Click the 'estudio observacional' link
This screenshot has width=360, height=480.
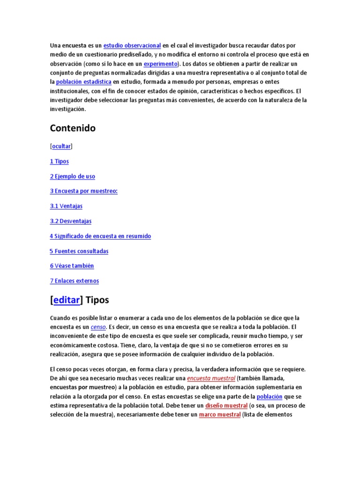click(x=132, y=45)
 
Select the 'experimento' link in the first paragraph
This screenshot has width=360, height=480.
click(x=160, y=64)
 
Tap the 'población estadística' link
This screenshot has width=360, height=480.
click(x=83, y=82)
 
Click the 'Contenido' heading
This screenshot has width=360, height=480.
click(x=73, y=128)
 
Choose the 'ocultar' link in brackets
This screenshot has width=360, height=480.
click(x=61, y=146)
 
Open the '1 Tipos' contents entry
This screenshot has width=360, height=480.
click(x=60, y=161)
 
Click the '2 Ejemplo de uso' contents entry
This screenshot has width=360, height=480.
click(x=73, y=176)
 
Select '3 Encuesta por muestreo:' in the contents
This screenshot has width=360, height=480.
click(x=83, y=191)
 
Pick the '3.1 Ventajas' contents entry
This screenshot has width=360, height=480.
click(x=66, y=206)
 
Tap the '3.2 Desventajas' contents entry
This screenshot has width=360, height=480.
click(x=71, y=221)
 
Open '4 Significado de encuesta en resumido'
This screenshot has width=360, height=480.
click(x=100, y=236)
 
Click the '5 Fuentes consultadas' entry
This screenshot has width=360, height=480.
click(x=79, y=251)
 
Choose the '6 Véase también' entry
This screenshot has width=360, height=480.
click(x=72, y=266)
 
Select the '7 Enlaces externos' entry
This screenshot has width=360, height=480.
click(x=75, y=281)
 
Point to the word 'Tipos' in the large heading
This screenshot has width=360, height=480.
click(x=97, y=300)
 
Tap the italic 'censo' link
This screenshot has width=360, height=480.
click(x=98, y=327)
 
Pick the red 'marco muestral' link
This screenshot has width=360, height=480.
click(x=219, y=415)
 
